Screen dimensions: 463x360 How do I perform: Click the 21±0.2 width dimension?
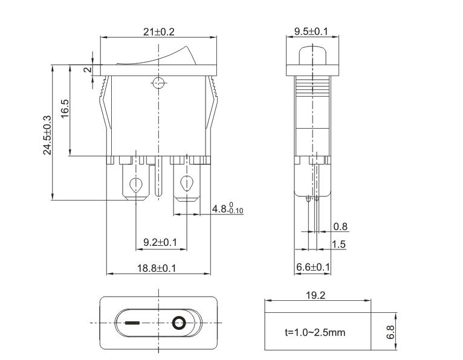click(159, 31)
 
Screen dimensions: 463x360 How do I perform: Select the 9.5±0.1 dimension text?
click(311, 31)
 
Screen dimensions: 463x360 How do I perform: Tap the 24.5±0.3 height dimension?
click(47, 135)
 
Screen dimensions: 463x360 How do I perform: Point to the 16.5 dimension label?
click(65, 109)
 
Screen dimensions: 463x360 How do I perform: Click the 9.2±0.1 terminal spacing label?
click(160, 242)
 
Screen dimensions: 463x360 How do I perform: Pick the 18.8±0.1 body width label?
click(157, 268)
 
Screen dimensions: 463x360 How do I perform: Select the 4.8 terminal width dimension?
click(227, 208)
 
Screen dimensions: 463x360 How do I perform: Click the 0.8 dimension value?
click(340, 227)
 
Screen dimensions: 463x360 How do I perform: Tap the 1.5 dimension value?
click(338, 244)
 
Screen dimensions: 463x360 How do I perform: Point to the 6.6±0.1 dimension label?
click(313, 267)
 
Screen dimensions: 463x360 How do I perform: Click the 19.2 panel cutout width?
click(316, 295)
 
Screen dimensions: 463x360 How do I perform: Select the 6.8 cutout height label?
click(390, 332)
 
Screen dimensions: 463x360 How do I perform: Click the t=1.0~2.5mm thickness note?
click(315, 332)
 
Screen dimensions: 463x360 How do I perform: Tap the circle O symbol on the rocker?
click(179, 323)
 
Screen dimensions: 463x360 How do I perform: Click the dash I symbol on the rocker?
click(132, 323)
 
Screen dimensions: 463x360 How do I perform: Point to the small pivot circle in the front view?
click(158, 83)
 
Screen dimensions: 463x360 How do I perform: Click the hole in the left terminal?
click(136, 185)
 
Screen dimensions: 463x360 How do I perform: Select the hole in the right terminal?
click(187, 183)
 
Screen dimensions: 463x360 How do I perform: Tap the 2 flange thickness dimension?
click(88, 70)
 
